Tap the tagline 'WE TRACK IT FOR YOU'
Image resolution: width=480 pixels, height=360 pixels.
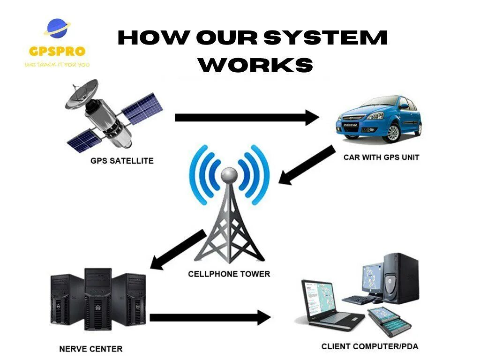tap(57, 64)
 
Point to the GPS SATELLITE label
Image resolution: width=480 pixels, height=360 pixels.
tap(122, 161)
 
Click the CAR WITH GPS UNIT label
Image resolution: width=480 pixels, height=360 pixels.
tap(381, 157)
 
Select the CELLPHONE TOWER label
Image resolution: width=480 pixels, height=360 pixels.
tap(229, 274)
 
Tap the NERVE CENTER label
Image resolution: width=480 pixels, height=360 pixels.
tap(91, 349)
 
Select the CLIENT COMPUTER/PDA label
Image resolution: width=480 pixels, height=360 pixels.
tap(370, 346)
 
